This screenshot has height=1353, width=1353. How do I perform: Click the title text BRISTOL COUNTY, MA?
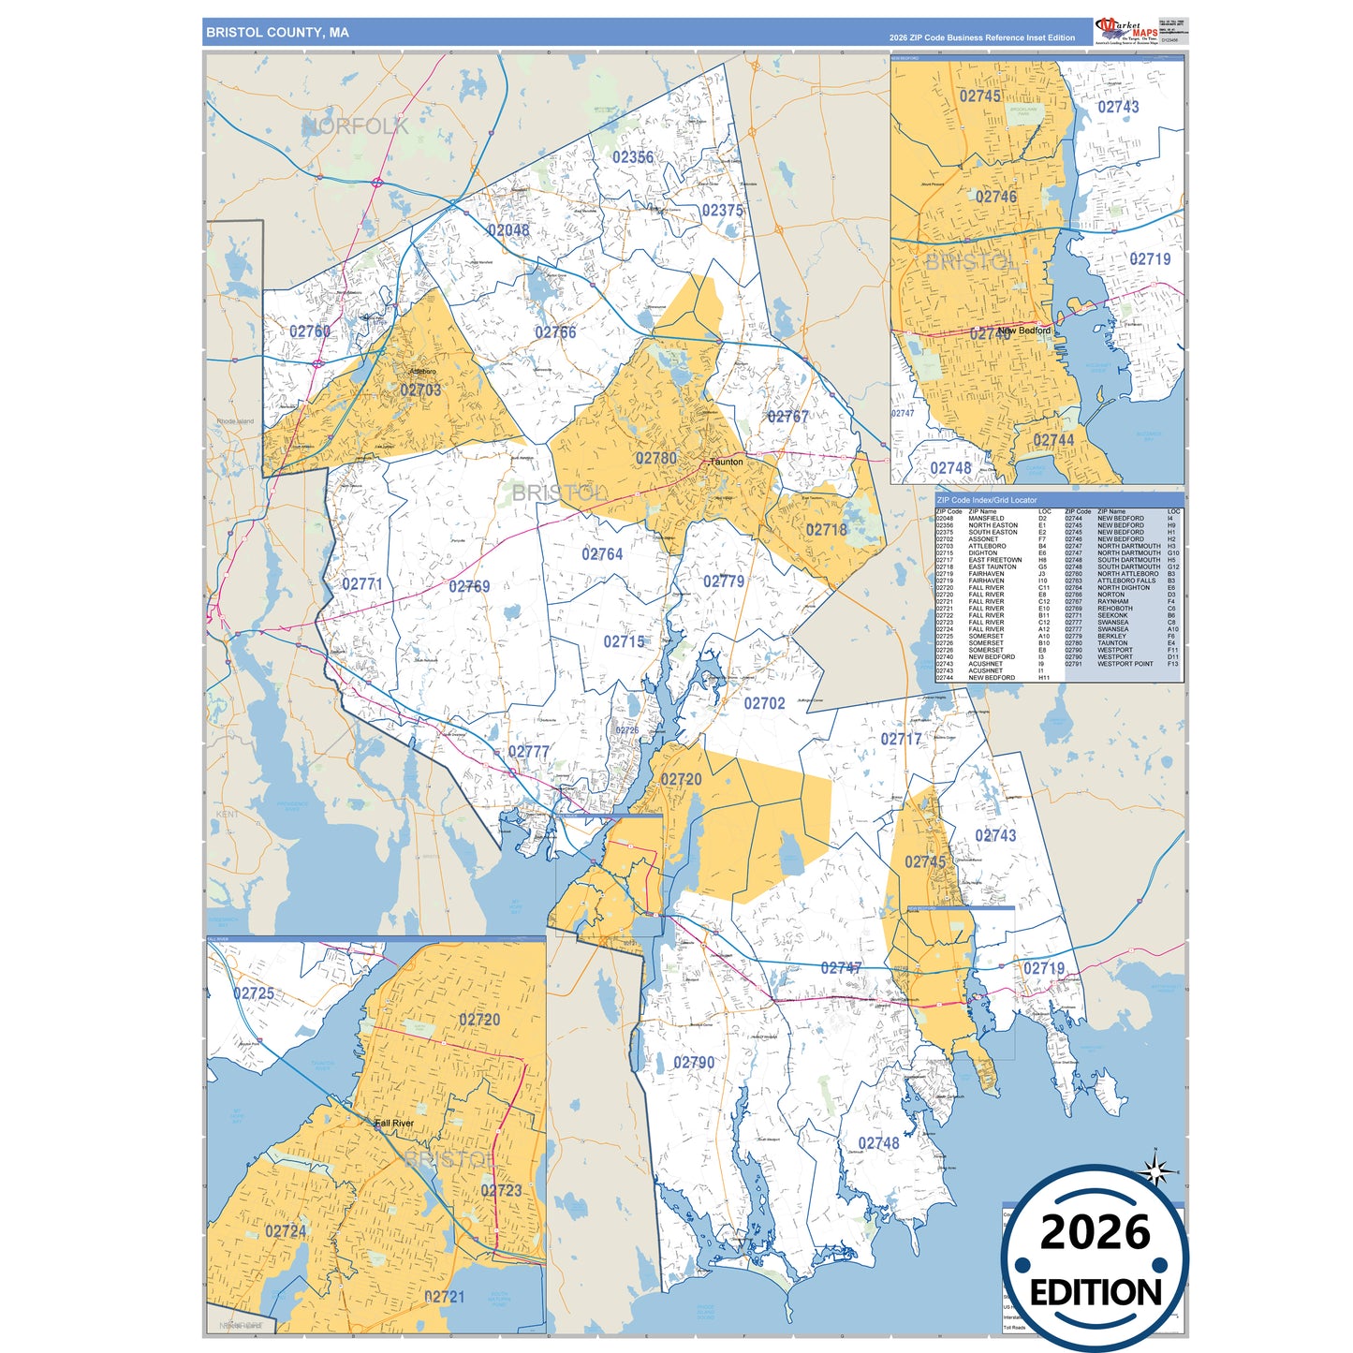(x=277, y=33)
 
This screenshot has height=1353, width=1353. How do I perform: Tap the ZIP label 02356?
(x=633, y=157)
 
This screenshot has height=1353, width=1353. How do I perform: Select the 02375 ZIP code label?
(x=722, y=211)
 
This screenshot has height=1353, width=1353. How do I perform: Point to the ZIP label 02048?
(x=507, y=230)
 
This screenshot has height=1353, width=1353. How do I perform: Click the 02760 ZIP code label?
(x=309, y=331)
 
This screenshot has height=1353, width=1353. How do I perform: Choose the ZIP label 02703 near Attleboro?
(x=420, y=390)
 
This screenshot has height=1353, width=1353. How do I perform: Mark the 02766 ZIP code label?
(x=555, y=332)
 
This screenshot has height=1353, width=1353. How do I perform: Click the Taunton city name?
(x=727, y=462)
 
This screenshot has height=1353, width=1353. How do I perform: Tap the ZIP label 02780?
(x=655, y=459)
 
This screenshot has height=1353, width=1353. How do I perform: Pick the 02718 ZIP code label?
(x=826, y=530)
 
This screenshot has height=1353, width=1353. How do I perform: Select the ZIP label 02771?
(x=362, y=584)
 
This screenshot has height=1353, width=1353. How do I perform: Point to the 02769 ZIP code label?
(x=469, y=587)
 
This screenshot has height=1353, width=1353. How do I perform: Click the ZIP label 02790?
(x=694, y=1063)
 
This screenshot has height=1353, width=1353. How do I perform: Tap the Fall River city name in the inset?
(x=394, y=1124)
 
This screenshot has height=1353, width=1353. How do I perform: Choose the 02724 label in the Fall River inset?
(x=286, y=1231)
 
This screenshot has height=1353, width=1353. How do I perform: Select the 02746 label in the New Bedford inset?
(x=996, y=197)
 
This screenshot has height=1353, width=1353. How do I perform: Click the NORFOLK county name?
(x=355, y=126)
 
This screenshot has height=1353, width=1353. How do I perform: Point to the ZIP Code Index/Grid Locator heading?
(x=987, y=500)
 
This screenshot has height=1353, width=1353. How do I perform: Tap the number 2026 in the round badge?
(x=1095, y=1232)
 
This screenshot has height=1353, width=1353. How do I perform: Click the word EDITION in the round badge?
(x=1096, y=1293)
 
